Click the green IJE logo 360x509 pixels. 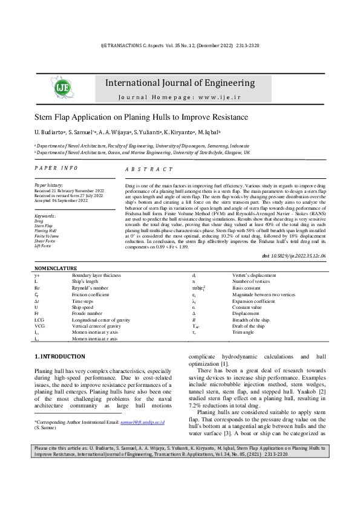point(63,88)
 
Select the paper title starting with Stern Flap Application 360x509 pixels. point(141,117)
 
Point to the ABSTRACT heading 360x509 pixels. point(148,170)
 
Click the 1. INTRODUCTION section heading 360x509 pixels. point(60,357)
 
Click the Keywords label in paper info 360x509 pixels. point(46,216)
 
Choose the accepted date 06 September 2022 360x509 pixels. point(61,201)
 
